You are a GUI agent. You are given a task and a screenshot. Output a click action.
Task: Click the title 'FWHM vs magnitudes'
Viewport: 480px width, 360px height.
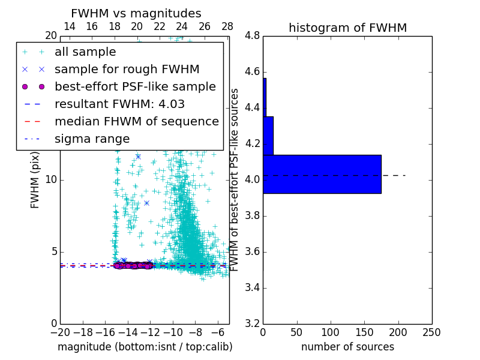click(x=136, y=13)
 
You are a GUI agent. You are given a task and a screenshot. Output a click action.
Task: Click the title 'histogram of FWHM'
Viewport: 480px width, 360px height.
click(x=347, y=28)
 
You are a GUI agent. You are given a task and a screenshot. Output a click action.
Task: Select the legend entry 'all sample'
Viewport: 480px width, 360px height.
click(x=85, y=52)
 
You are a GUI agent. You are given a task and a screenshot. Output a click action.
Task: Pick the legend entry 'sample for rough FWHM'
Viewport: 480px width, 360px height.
click(x=127, y=70)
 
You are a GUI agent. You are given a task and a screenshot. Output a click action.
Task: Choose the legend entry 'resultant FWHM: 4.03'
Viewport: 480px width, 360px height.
click(x=119, y=104)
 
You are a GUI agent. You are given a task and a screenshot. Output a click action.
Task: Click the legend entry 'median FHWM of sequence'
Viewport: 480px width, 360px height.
click(x=136, y=121)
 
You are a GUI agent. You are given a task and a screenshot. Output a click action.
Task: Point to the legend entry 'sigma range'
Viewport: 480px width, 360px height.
click(x=92, y=139)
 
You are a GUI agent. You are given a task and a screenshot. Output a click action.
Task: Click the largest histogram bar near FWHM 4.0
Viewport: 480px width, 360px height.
click(x=322, y=174)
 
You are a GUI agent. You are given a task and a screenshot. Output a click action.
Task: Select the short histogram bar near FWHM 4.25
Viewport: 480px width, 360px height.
click(x=268, y=136)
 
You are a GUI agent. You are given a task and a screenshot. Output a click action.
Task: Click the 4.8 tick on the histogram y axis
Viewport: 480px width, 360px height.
click(x=252, y=36)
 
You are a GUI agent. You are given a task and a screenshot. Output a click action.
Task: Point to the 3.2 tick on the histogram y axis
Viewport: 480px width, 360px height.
click(x=252, y=323)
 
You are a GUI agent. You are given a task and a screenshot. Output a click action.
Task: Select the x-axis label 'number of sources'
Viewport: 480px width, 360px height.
click(x=347, y=347)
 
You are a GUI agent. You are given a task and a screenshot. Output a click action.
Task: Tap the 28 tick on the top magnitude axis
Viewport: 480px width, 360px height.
click(x=227, y=26)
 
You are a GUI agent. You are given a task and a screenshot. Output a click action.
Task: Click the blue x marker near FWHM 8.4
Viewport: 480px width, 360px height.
click(x=146, y=203)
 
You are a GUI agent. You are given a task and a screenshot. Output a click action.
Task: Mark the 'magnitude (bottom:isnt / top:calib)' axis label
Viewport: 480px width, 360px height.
click(x=145, y=347)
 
